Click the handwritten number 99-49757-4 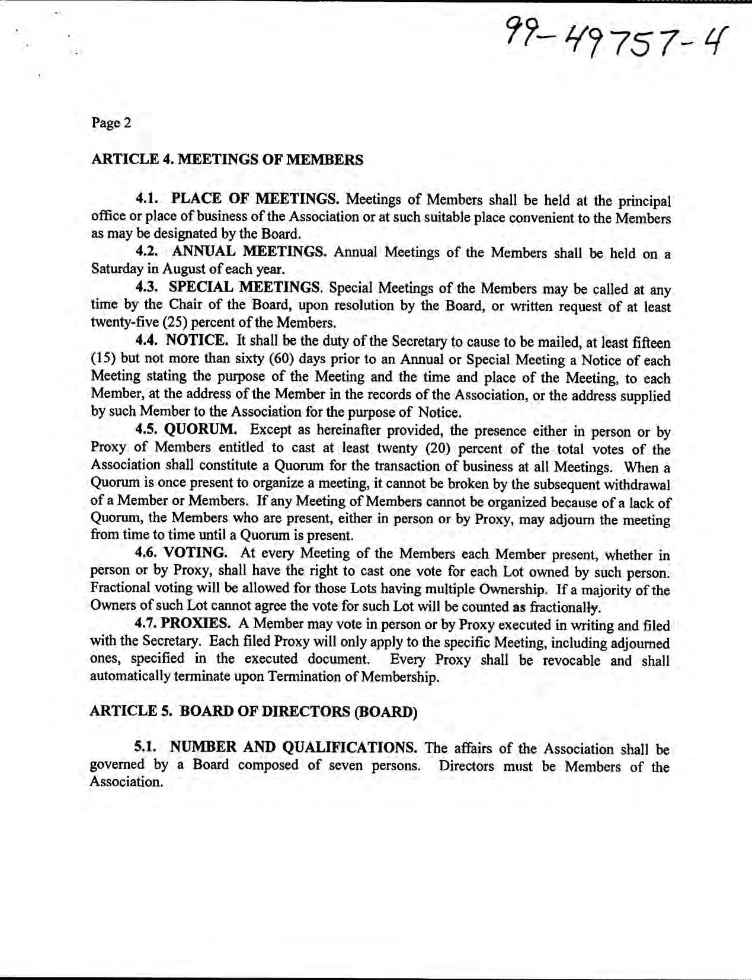click(613, 37)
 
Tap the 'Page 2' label click(111, 123)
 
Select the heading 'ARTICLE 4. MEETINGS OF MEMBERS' click(226, 159)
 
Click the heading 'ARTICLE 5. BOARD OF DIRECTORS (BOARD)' click(254, 712)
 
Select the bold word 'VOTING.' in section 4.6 click(195, 553)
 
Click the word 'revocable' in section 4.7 click(572, 661)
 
